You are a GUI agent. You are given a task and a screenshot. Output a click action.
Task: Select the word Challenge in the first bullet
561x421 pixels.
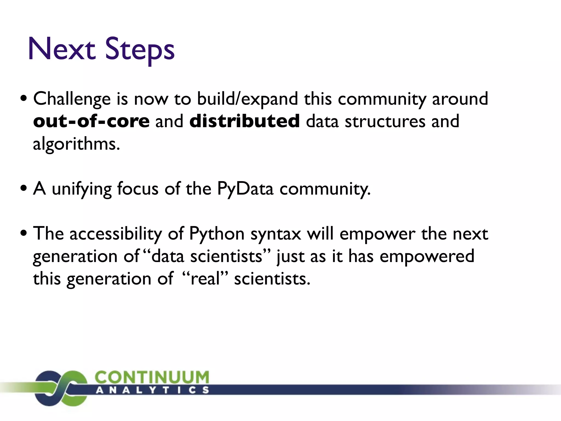click(72, 99)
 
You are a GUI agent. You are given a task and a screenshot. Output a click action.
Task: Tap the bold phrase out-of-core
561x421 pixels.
click(91, 121)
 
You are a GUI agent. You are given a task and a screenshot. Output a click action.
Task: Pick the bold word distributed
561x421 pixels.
click(244, 121)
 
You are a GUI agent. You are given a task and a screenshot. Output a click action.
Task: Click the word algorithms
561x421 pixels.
click(76, 144)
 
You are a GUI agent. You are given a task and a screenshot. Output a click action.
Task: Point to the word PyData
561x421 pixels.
click(245, 189)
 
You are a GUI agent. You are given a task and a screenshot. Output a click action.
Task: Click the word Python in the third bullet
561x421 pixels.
click(217, 235)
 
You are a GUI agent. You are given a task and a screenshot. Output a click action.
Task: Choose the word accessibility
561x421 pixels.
click(116, 235)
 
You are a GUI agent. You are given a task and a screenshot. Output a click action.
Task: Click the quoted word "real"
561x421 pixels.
click(205, 279)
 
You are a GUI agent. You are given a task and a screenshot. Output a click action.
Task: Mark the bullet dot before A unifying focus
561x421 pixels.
click(24, 188)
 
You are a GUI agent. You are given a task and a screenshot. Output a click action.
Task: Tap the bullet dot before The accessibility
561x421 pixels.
click(24, 233)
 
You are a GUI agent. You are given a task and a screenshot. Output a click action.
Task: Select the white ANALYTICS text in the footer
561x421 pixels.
click(152, 390)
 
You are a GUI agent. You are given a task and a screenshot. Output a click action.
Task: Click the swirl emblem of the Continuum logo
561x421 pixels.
click(61, 388)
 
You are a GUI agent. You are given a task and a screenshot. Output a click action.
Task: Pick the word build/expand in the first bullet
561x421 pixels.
click(247, 99)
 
